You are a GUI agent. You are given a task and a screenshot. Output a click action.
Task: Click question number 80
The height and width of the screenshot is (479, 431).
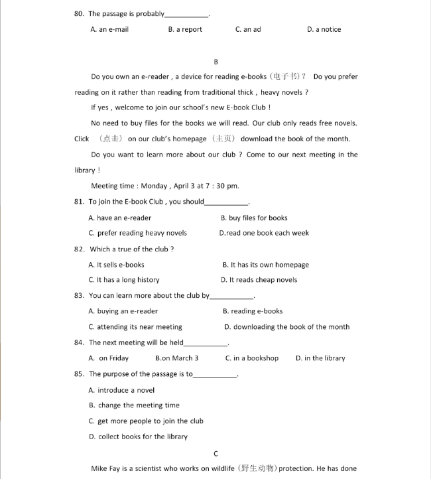coord(79,14)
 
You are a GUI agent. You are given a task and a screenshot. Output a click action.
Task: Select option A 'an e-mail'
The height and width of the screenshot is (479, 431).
coord(109,30)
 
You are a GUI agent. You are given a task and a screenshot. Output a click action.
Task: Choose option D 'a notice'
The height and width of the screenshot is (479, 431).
coord(324,30)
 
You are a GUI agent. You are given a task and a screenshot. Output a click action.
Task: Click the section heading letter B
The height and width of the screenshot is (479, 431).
coord(216,62)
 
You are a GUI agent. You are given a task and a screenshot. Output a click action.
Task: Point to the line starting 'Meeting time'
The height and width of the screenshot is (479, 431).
coord(165,186)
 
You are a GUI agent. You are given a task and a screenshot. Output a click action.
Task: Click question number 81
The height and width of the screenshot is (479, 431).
coord(79,202)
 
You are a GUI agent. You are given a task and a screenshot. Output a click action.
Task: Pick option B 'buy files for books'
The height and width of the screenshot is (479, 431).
coord(254,218)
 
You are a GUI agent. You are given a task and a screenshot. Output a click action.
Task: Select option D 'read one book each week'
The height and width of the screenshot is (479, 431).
coord(264,233)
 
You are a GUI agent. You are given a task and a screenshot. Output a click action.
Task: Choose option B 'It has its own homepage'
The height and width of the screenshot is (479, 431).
coord(265,265)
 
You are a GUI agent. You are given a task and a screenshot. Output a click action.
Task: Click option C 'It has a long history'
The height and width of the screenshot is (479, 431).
coord(124,280)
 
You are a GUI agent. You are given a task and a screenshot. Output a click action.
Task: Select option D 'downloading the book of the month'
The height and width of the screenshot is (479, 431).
coord(286,327)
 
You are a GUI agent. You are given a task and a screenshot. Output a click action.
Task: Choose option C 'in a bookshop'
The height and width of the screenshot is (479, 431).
coord(252,358)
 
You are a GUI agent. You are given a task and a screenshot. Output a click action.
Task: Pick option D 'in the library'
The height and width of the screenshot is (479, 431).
coord(320,358)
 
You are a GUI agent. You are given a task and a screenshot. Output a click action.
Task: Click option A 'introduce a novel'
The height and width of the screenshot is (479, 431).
coord(121,390)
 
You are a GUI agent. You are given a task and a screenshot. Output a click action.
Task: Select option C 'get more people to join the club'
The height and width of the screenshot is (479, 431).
coord(146,421)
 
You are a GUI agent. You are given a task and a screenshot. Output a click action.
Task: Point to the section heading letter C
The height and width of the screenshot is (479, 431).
coord(216,454)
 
